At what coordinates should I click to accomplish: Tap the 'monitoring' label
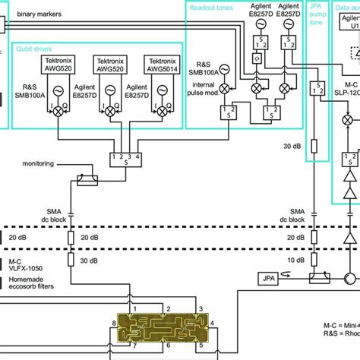[39, 163]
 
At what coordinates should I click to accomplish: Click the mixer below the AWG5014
[163, 110]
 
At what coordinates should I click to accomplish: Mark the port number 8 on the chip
[115, 323]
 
